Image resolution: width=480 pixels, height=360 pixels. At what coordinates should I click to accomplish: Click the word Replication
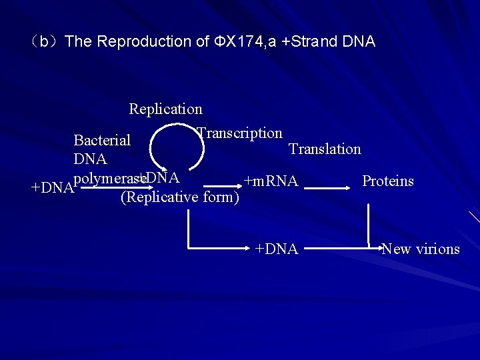(x=165, y=109)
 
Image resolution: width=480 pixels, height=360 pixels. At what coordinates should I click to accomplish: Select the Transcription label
(x=240, y=133)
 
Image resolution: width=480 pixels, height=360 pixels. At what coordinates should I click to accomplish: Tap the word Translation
(x=325, y=149)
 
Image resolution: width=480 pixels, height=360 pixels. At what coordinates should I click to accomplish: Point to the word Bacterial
(x=102, y=140)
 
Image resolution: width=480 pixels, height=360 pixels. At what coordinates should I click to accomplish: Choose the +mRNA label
(x=271, y=181)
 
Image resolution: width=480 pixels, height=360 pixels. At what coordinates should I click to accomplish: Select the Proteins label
(x=387, y=181)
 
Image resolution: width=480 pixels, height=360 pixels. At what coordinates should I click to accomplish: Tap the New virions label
(x=421, y=249)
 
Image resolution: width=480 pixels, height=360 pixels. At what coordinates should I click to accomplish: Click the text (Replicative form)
(x=179, y=197)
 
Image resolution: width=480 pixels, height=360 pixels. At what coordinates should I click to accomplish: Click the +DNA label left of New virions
(x=277, y=249)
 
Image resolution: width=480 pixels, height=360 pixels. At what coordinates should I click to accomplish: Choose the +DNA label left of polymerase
(x=52, y=188)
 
